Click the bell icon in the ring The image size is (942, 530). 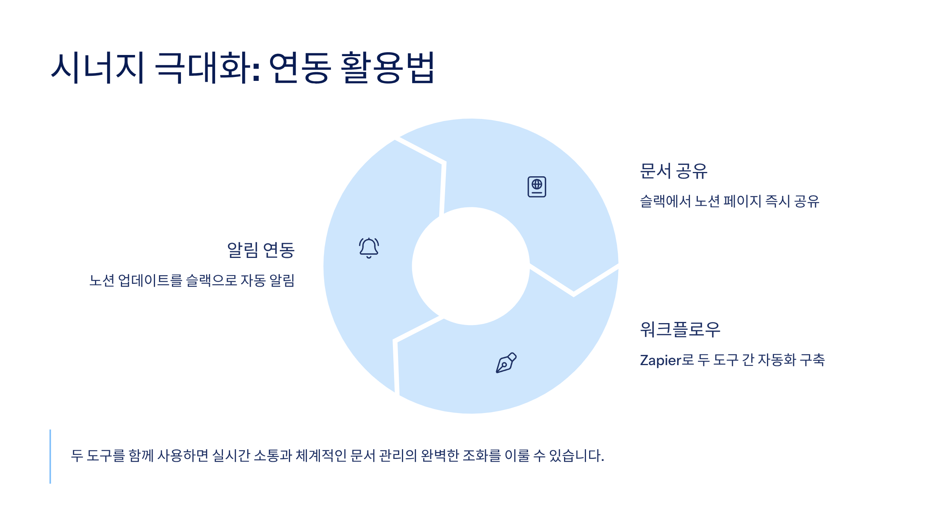pyautogui.click(x=369, y=248)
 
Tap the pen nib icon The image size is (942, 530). pyautogui.click(x=506, y=362)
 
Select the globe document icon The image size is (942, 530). pyautogui.click(x=537, y=187)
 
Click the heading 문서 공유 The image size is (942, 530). pyautogui.click(x=674, y=171)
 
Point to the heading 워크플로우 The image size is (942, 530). pyautogui.click(x=680, y=329)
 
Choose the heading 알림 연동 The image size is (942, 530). pyautogui.click(x=261, y=250)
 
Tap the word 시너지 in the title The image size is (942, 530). pyautogui.click(x=98, y=68)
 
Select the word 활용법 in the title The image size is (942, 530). pyautogui.click(x=387, y=68)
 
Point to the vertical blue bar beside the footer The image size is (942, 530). pyautogui.click(x=50, y=457)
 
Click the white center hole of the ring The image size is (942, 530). pyautogui.click(x=471, y=266)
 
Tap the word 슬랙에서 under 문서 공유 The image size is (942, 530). pyautogui.click(x=666, y=201)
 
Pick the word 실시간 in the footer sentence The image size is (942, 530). pyautogui.click(x=231, y=456)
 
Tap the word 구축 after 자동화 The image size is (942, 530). pyautogui.click(x=812, y=360)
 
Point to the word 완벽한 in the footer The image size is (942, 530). pyautogui.click(x=440, y=456)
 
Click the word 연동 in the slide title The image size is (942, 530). pyautogui.click(x=300, y=68)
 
